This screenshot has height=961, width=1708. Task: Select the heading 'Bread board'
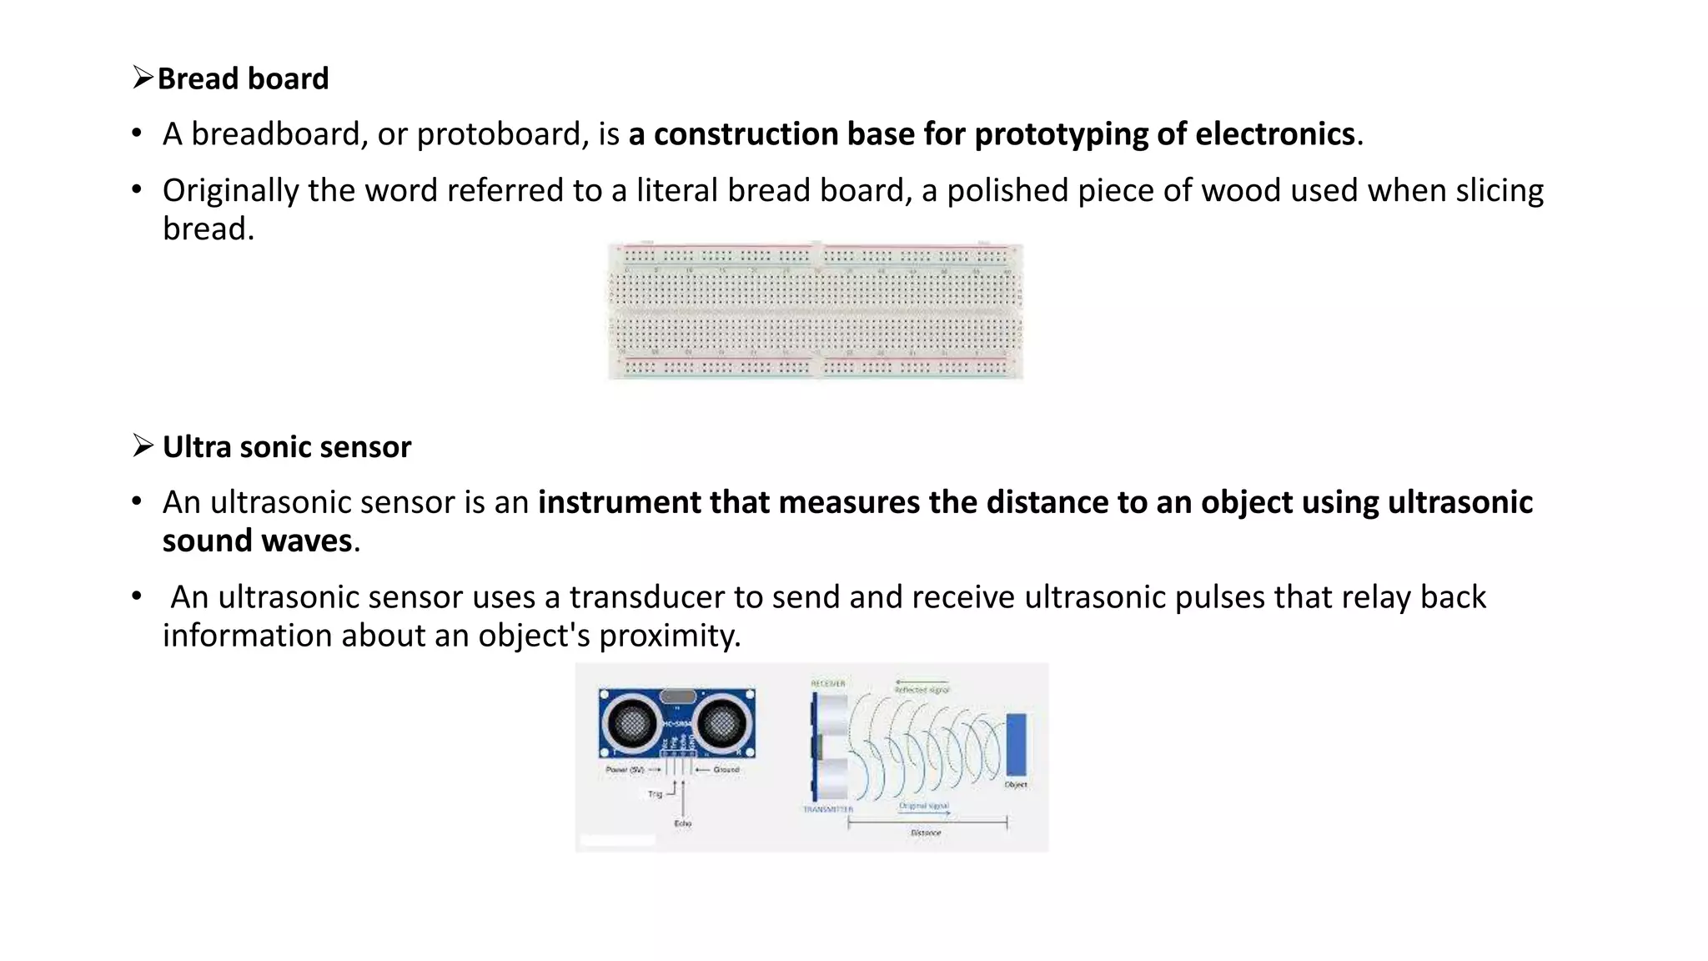click(x=243, y=79)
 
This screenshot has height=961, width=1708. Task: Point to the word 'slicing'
click(x=1500, y=191)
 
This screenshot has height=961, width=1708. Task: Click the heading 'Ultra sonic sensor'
click(x=286, y=448)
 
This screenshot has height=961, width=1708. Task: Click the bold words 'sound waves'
click(x=257, y=541)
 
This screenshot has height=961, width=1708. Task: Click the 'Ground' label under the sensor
click(x=726, y=770)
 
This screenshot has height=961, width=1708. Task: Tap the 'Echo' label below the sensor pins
click(x=683, y=823)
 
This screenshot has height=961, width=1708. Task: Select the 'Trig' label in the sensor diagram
click(x=655, y=794)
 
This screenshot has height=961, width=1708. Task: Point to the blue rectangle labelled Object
click(x=1017, y=744)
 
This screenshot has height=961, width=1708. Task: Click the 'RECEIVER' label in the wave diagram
click(x=828, y=684)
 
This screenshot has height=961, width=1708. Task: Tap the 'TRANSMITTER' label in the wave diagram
click(x=828, y=809)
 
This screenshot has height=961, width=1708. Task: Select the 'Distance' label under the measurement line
click(x=926, y=833)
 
